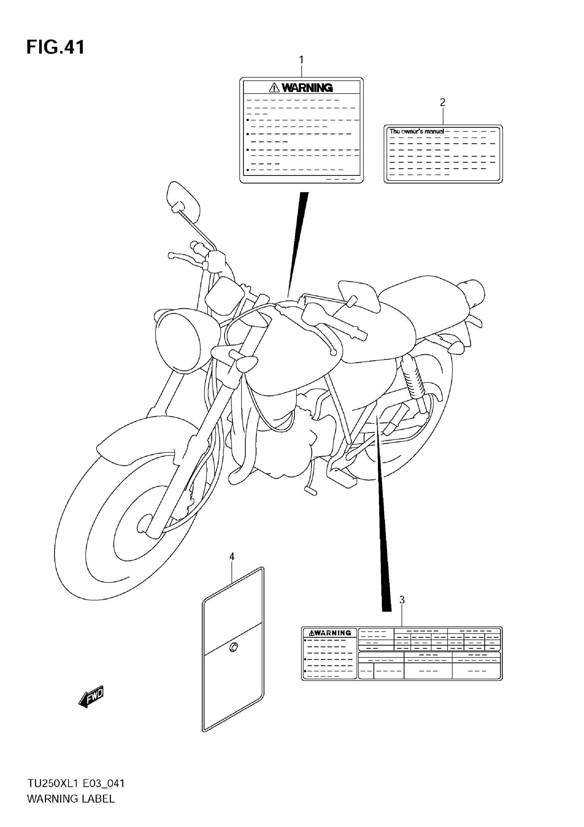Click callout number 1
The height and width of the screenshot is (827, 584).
coord(302,60)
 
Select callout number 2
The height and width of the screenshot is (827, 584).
coord(442,102)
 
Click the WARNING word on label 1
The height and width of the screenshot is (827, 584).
coord(307,88)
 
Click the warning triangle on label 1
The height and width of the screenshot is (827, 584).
coord(274,88)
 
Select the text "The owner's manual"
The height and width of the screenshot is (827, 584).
coord(416,132)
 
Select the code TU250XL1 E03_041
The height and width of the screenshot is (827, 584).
coord(76,783)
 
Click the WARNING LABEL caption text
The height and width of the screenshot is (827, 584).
coord(71,799)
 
